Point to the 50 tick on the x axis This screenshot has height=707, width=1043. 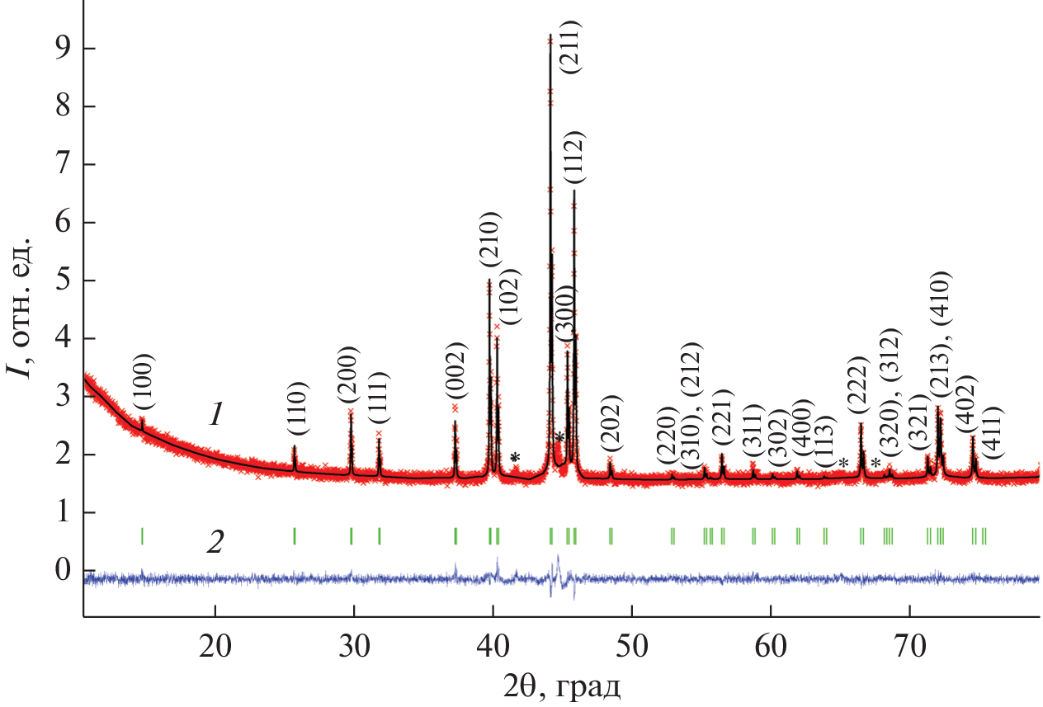632,617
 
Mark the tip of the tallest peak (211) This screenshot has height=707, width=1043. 550,35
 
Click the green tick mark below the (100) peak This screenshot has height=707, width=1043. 143,536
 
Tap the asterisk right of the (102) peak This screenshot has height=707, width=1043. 515,457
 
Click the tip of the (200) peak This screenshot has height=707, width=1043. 351,412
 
